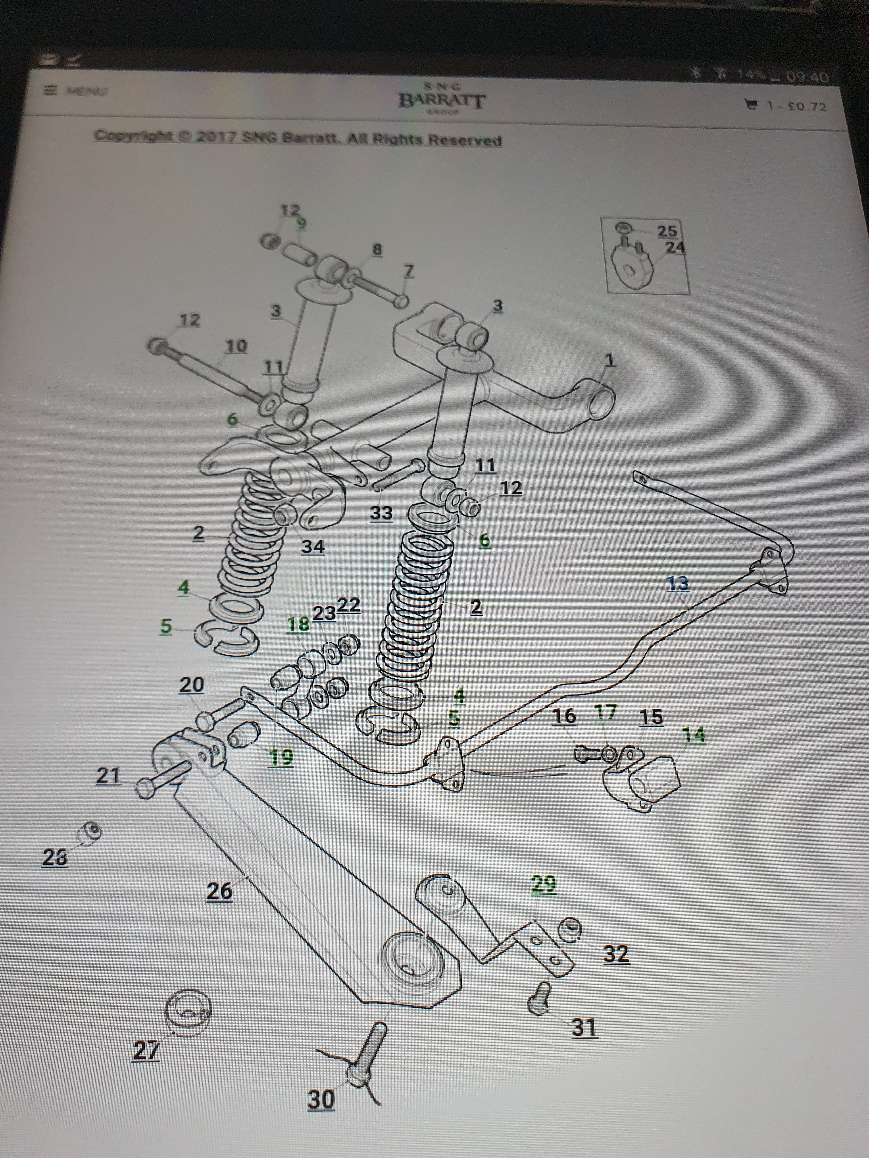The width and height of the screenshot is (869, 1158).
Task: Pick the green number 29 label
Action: click(x=543, y=885)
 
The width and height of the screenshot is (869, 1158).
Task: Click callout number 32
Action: click(x=616, y=954)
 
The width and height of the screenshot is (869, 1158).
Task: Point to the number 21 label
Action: click(x=108, y=775)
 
